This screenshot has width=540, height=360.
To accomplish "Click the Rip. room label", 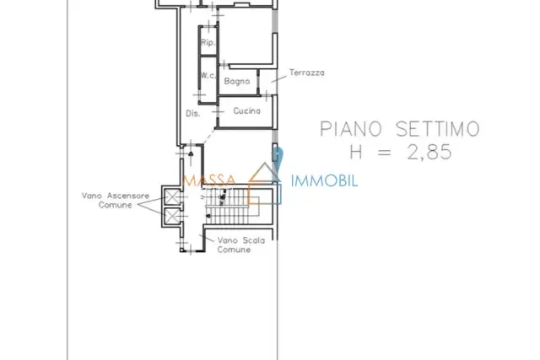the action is pos(208,43).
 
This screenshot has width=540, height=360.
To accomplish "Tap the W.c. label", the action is pos(208,75).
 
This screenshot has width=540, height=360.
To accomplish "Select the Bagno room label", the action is pos(237,81).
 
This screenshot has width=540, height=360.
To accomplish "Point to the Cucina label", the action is pos(247,110).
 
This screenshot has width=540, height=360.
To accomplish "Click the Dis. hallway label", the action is pos(193,113).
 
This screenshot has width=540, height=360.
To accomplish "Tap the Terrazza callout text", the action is pos(307,73).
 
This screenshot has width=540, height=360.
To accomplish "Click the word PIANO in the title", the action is pos(351,129).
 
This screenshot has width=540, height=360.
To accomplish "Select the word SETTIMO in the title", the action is pos(438,129).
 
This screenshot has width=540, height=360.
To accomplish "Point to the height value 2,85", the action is pos(429,152).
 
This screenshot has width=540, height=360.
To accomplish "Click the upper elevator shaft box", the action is pos(171,196).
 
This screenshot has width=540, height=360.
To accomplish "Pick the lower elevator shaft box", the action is pos(171,216).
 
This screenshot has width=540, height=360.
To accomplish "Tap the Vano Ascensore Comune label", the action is pos(116,201).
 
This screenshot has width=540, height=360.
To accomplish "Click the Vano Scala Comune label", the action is pos(241,244).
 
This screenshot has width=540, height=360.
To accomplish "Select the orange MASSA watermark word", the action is pos(210,180).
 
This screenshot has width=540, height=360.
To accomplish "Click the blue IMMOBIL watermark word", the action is pos(324,180).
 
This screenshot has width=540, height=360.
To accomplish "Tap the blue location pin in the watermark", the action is pos(277,157).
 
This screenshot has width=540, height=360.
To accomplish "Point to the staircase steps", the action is pos(233,207).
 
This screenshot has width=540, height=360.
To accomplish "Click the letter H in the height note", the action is pos(356,152).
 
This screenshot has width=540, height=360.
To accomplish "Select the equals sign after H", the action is pos(385,152).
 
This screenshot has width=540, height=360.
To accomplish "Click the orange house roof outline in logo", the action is pos(264,171).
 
